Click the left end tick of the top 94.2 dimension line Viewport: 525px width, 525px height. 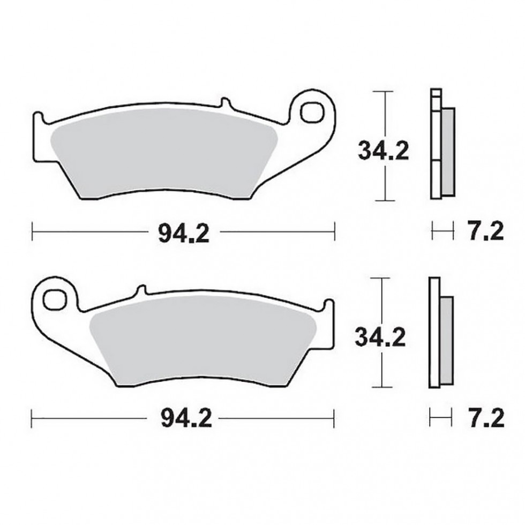coord(33,232)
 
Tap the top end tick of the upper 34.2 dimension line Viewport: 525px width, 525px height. coord(380,92)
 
